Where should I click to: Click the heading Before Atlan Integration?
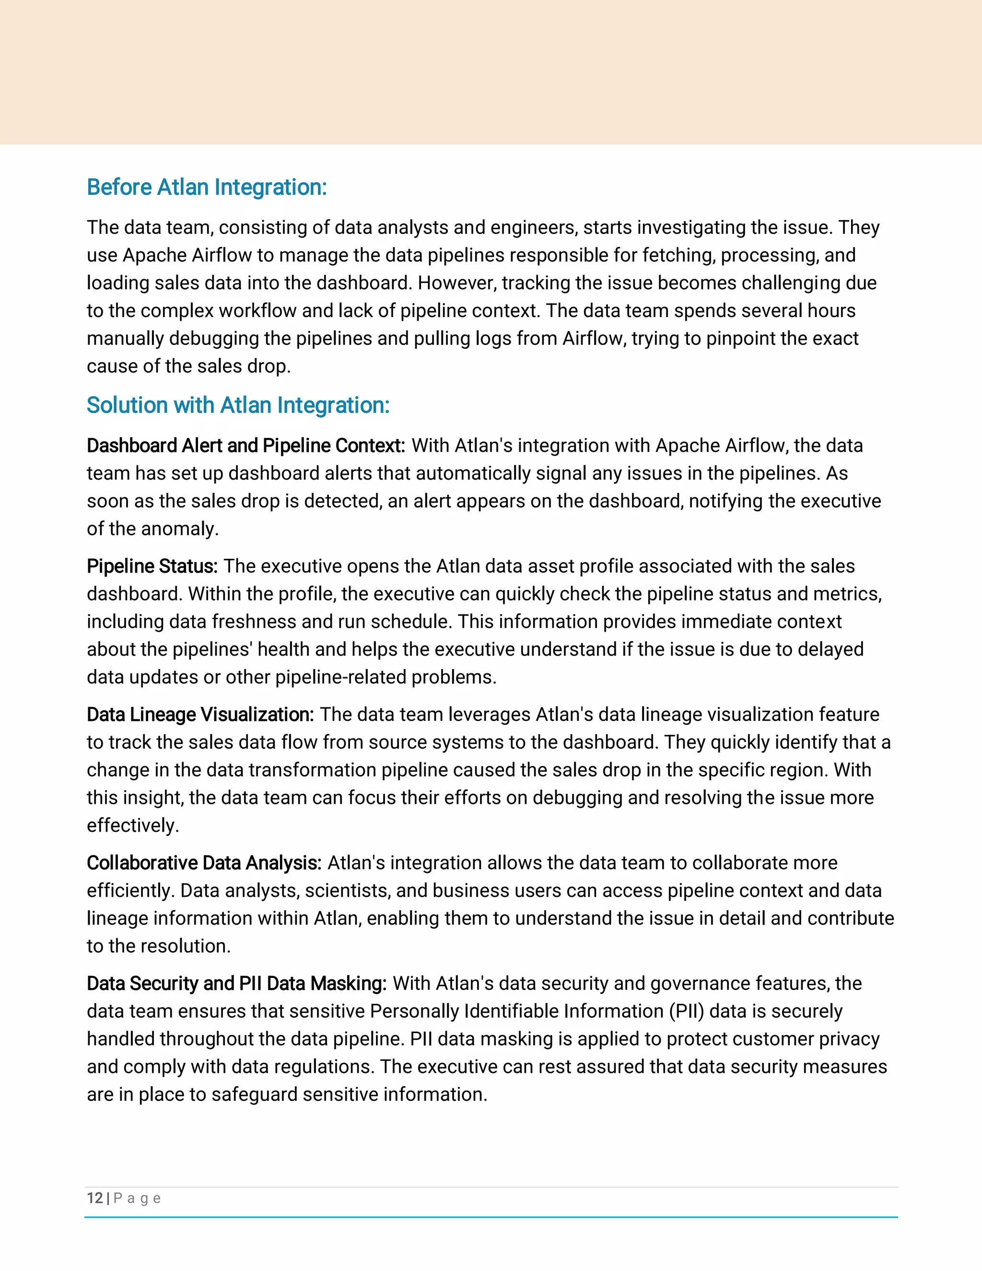(x=207, y=188)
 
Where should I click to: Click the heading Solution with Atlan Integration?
(x=238, y=405)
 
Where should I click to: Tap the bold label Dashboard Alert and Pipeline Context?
(x=245, y=445)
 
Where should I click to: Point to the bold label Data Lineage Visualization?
(x=200, y=714)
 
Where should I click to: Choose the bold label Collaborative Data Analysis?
(x=204, y=862)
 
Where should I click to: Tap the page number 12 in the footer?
(x=95, y=1198)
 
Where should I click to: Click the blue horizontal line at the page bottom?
(x=491, y=1217)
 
